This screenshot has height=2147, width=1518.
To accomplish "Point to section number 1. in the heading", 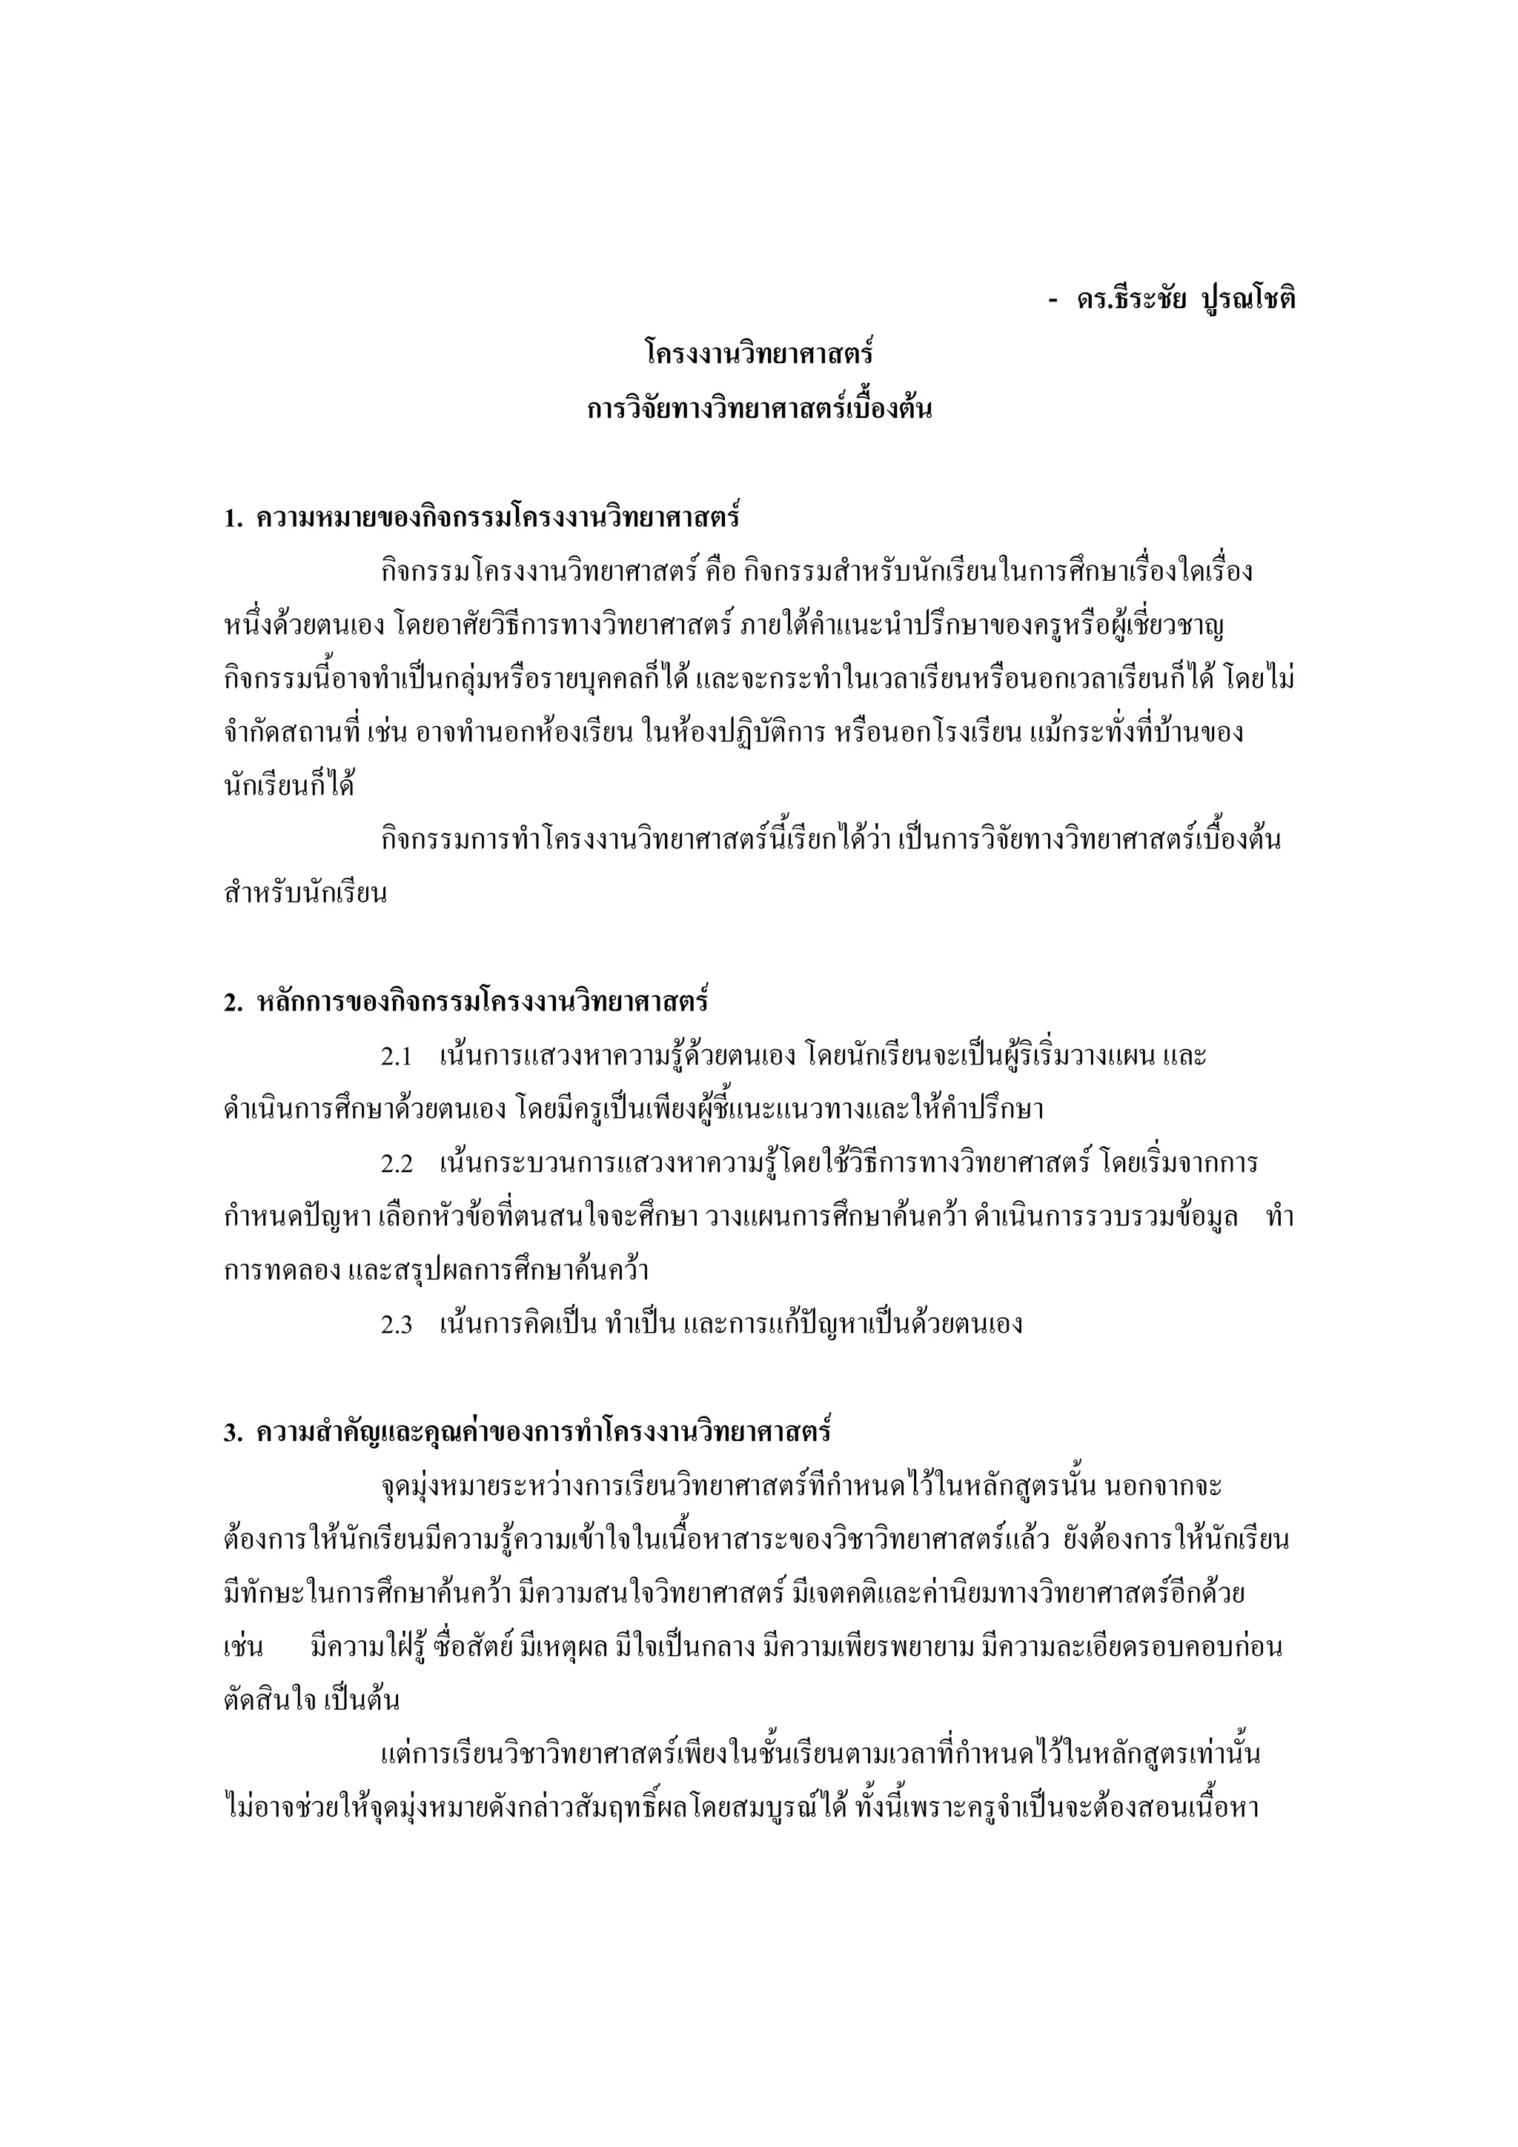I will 233,518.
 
